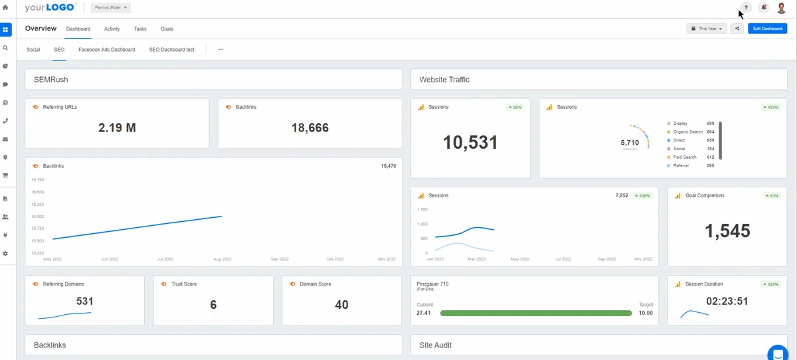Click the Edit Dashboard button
tap(767, 29)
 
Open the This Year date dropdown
tap(706, 29)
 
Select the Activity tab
tap(112, 29)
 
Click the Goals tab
tap(167, 29)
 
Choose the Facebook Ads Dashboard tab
tap(106, 50)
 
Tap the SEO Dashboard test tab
tap(171, 50)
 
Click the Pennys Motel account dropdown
tap(110, 8)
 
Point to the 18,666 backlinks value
tap(310, 128)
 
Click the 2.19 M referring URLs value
tap(117, 128)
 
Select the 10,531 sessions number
tap(470, 143)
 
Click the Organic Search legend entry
tap(687, 132)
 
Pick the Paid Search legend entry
tap(684, 157)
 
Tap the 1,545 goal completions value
tap(727, 231)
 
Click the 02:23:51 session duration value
tap(727, 302)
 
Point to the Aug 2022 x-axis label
tap(222, 259)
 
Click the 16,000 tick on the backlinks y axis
tap(37, 217)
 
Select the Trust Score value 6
tap(213, 305)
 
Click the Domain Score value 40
tap(341, 305)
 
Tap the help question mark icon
tap(746, 8)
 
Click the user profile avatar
tap(782, 8)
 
